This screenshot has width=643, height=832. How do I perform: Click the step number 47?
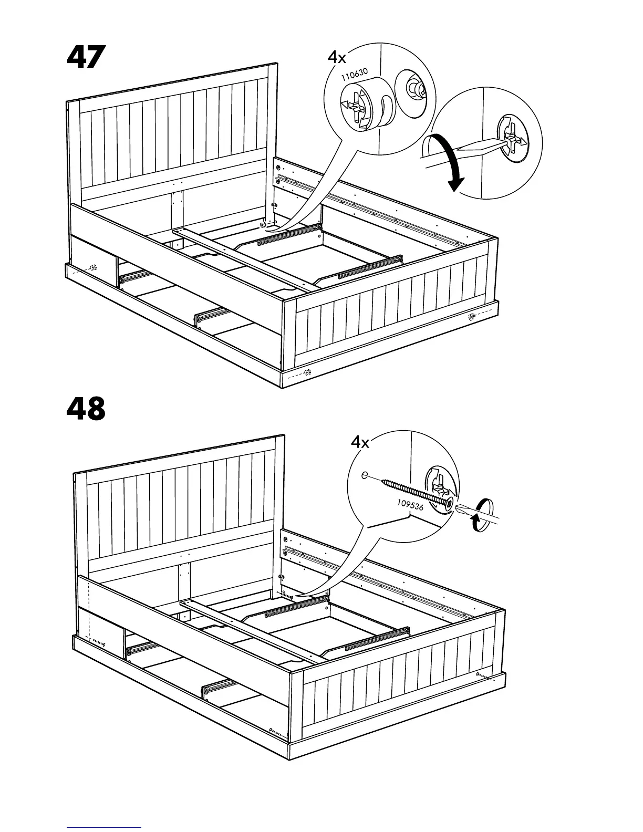tap(86, 58)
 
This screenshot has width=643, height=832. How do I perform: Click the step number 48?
tap(86, 409)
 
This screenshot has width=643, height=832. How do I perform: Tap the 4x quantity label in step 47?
tap(337, 57)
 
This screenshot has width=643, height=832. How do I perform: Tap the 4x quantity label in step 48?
tap(360, 442)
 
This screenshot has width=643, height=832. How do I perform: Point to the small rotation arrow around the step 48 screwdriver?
tap(482, 517)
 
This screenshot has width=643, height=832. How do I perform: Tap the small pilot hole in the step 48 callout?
tap(364, 475)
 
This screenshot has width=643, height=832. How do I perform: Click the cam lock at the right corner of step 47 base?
tap(470, 317)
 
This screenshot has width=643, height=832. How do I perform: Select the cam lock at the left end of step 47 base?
tap(94, 268)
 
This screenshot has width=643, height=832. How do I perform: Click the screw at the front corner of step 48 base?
tap(275, 731)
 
